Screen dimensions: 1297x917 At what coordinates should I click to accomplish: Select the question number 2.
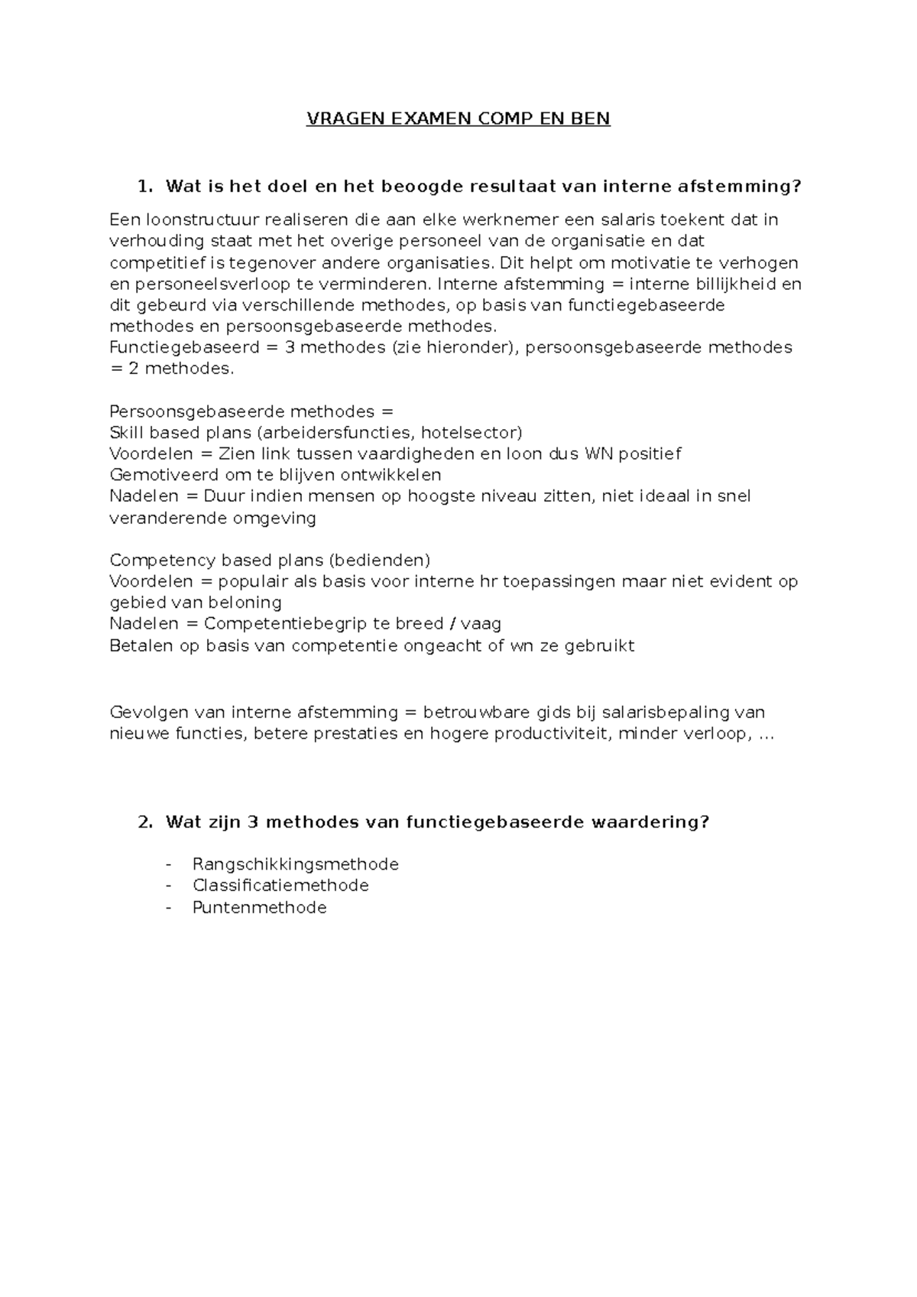(142, 822)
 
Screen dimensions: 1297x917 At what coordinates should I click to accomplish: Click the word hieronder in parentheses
(473, 347)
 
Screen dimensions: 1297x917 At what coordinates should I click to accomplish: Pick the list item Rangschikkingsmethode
(296, 864)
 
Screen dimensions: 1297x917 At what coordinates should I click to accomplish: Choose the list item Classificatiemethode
(280, 886)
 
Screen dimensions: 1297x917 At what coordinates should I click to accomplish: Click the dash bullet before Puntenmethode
(169, 908)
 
